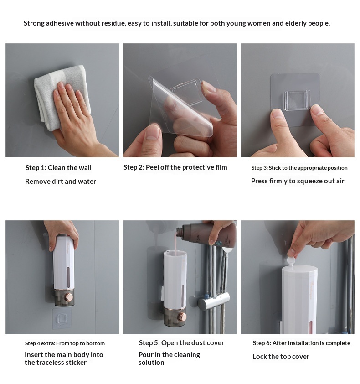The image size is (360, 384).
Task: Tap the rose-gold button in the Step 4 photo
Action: (x=69, y=297)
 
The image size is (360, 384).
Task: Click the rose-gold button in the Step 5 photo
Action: (x=182, y=317)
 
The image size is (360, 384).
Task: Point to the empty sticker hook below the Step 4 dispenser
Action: (x=62, y=318)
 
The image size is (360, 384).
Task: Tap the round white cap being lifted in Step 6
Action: (x=291, y=260)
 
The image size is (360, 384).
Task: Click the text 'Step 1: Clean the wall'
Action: (x=58, y=168)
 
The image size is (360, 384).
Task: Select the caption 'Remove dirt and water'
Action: (x=61, y=182)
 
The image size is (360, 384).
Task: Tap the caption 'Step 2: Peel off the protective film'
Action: (x=175, y=167)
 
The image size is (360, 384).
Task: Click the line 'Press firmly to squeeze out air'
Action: (x=298, y=181)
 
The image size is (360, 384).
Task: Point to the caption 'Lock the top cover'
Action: (x=281, y=357)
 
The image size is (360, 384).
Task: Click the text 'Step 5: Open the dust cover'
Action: (x=181, y=343)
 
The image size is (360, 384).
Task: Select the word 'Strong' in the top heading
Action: (x=34, y=24)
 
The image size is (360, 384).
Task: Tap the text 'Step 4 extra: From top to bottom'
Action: (x=65, y=343)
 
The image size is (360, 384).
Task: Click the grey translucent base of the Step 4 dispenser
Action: (x=64, y=297)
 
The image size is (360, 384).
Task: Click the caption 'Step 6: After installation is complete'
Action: (x=302, y=343)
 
